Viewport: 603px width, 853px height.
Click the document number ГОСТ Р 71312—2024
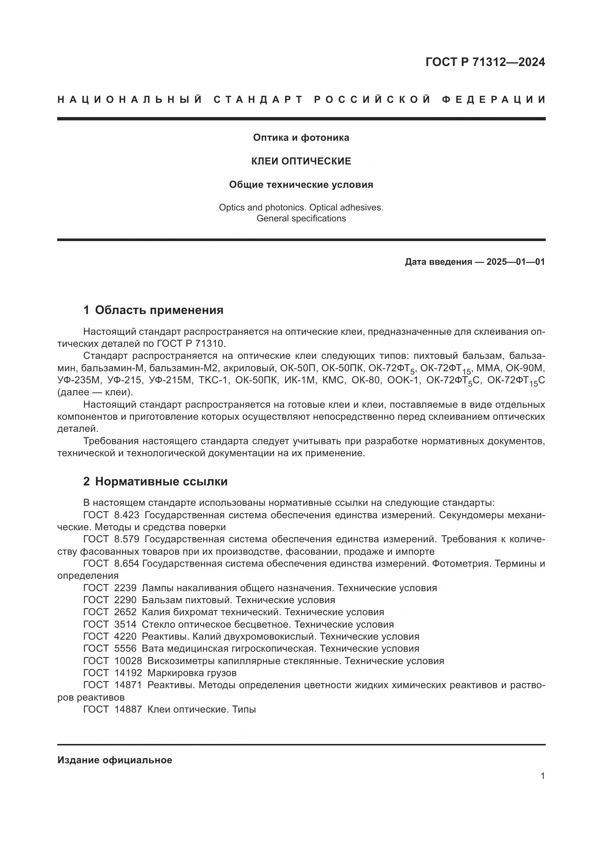coord(485,62)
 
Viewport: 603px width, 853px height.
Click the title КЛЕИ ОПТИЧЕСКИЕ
coord(301,161)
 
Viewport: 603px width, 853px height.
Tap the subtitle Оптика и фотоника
coord(301,138)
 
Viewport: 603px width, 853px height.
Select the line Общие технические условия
coord(301,185)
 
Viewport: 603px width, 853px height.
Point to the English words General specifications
coord(301,218)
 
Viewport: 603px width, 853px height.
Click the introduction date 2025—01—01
coord(516,262)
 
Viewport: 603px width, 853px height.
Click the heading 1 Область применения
coord(153,310)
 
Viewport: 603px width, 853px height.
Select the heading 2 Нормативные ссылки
coord(155,481)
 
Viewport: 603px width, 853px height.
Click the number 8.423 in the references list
coord(127,515)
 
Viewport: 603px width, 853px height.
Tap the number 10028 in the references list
coord(128,661)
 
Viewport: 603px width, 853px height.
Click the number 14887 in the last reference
coord(128,709)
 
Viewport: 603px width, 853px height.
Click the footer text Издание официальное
coord(115,760)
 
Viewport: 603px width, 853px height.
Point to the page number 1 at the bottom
coord(542,776)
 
